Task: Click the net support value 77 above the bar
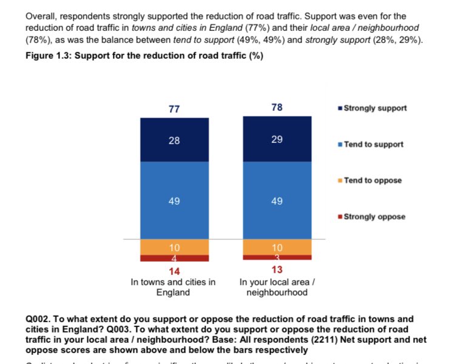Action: click(x=174, y=109)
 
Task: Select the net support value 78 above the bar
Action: click(x=277, y=108)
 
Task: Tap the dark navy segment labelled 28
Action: click(x=174, y=140)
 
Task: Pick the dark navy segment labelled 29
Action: click(x=277, y=139)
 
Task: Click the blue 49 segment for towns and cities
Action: click(x=174, y=200)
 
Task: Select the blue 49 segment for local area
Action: click(x=277, y=200)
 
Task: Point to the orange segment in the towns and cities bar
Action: click(x=174, y=247)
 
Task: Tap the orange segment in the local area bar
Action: click(x=277, y=247)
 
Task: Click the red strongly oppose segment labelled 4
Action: click(x=174, y=258)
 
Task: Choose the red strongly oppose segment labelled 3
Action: click(x=277, y=257)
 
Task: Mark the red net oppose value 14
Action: click(x=174, y=271)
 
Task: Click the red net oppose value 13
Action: click(x=277, y=270)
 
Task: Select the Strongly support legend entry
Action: click(x=374, y=108)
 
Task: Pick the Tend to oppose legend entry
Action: click(x=372, y=180)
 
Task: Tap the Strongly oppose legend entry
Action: click(x=374, y=217)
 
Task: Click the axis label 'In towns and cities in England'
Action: click(x=174, y=287)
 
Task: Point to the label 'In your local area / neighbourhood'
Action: click(x=277, y=287)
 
